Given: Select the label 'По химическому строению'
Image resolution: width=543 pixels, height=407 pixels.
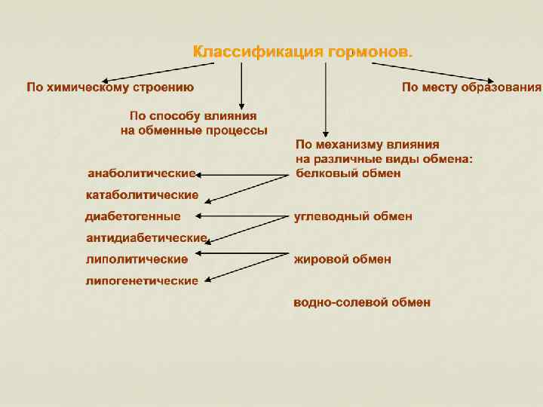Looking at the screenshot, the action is [x=110, y=87].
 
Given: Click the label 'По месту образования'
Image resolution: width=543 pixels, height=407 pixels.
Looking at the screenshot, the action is [x=471, y=87].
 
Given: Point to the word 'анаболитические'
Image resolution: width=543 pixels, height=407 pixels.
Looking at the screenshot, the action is [x=142, y=174].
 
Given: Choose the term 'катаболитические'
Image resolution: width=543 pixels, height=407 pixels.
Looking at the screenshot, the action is [x=142, y=195].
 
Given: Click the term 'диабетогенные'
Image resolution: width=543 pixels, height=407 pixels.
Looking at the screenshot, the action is [x=133, y=216].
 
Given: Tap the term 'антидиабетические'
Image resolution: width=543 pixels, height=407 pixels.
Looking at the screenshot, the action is [x=146, y=238].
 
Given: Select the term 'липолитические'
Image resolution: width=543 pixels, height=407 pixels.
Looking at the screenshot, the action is [x=137, y=259].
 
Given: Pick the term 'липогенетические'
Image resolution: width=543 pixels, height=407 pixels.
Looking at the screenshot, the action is [x=142, y=281].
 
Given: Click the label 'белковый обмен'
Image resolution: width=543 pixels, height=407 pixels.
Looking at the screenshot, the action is [x=348, y=173].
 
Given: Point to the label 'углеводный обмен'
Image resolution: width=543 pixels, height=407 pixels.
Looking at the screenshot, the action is [x=353, y=216].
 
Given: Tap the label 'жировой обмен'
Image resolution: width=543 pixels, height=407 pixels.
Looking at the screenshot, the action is [x=342, y=260].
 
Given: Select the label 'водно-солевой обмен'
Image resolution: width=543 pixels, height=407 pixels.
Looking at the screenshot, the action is [x=362, y=303].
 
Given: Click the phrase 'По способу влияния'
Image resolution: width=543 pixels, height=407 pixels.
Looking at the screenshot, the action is [x=193, y=116].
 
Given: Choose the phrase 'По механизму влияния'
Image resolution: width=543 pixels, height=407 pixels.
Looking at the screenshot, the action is [x=367, y=144].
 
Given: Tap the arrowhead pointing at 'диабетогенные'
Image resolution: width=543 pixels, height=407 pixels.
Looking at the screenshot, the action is [x=198, y=216].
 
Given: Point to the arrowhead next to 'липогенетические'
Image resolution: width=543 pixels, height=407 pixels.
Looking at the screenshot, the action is [x=207, y=280].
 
